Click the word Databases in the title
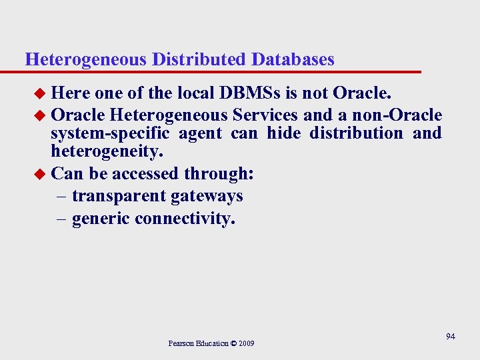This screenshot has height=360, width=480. point(293,59)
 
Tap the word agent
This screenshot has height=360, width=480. point(200,134)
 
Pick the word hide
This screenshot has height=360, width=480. point(283,133)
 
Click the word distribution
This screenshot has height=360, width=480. point(357,133)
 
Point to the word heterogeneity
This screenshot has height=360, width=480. point(107,153)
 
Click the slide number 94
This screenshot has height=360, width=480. point(451,337)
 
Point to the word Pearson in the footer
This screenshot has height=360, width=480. point(181,343)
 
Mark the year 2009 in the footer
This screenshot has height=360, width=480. point(245,343)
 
